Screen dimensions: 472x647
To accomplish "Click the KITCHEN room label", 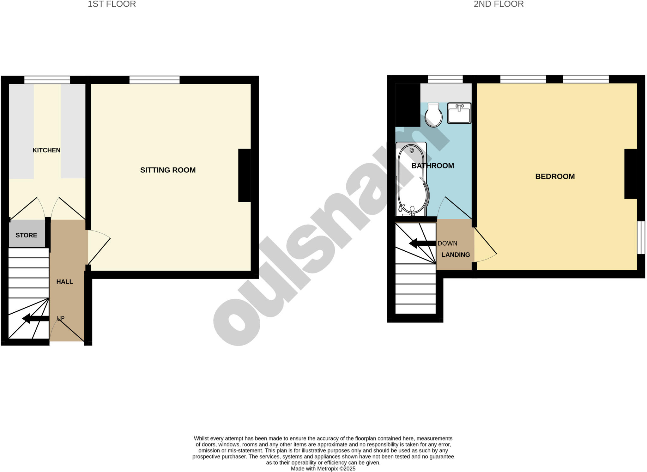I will (46, 150).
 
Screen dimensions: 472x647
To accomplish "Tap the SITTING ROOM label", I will (168, 170).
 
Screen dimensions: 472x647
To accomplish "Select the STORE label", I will (26, 235).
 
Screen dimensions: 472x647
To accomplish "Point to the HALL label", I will (65, 282).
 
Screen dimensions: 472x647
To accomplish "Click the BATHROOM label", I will (432, 166).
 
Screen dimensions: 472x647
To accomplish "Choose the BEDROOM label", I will (555, 176).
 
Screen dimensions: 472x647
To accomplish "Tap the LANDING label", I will (456, 254).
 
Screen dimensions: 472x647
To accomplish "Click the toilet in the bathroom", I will (433, 115).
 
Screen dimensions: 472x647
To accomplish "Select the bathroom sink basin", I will (459, 113).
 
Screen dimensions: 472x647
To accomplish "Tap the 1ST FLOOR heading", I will (112, 4).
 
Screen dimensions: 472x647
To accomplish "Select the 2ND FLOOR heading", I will (499, 4).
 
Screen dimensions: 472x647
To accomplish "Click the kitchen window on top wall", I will (47, 80).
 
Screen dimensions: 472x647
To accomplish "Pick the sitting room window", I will (154, 80).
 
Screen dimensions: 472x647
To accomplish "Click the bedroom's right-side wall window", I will (641, 237).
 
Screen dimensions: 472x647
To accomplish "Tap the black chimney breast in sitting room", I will (244, 175).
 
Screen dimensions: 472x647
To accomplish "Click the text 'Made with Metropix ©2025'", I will (323, 469).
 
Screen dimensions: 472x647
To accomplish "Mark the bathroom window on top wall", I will (445, 79).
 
